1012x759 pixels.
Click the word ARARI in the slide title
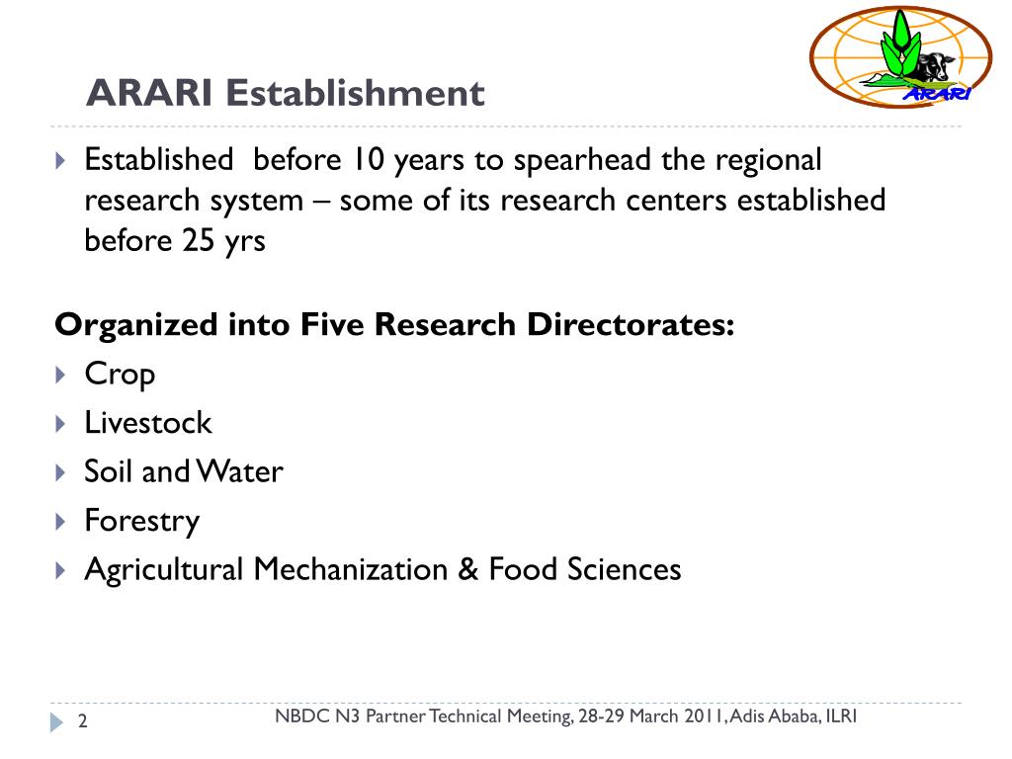tap(150, 94)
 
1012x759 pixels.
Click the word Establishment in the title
tap(355, 94)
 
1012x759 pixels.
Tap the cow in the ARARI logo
tap(931, 70)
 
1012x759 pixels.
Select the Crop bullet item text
tap(120, 375)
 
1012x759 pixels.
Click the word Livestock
tap(148, 423)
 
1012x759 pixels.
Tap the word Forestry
tap(141, 521)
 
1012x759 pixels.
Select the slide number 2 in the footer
tap(83, 722)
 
